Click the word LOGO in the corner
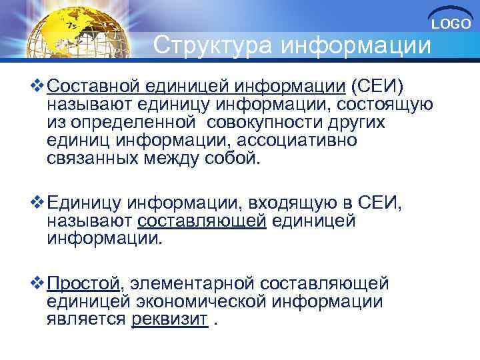coord(451,24)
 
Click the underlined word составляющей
coord(202,221)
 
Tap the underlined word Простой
coord(84,284)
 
